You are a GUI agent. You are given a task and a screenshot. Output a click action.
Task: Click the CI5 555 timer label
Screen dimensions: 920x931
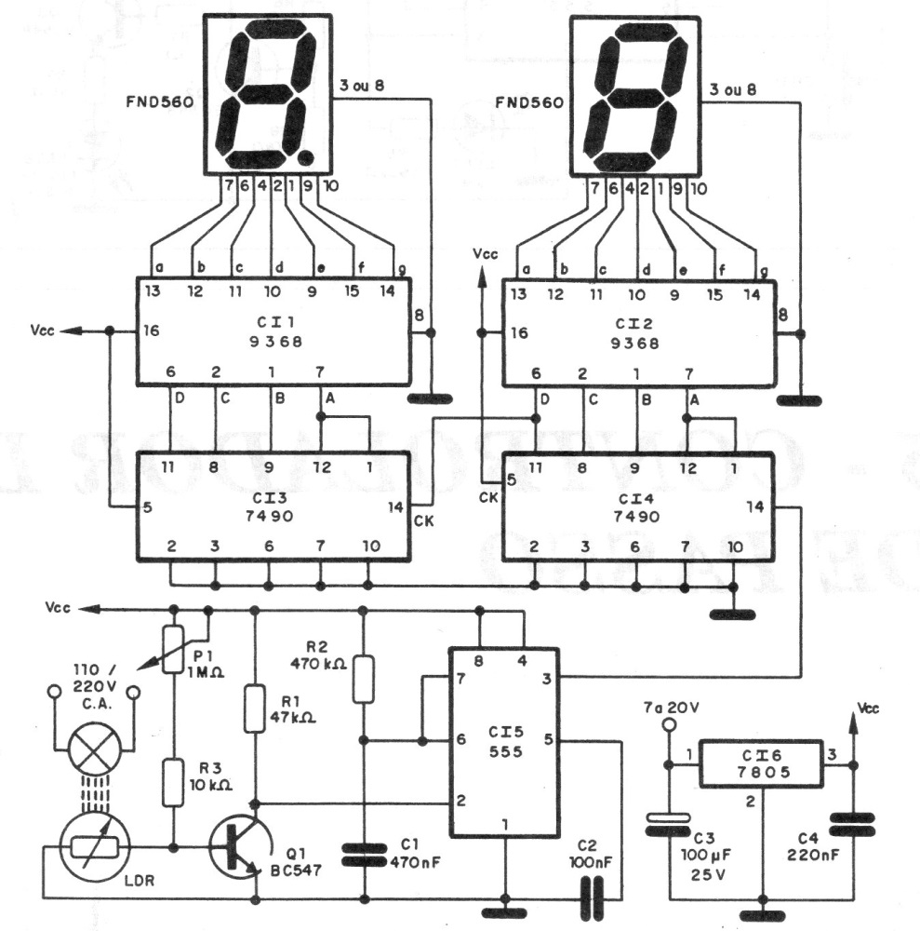(x=505, y=742)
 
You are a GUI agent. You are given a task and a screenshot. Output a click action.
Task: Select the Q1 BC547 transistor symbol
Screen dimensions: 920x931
(x=240, y=847)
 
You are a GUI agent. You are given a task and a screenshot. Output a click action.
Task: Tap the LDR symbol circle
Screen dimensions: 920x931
(x=96, y=847)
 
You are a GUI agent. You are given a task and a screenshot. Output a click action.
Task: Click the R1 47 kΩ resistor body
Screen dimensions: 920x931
(x=255, y=708)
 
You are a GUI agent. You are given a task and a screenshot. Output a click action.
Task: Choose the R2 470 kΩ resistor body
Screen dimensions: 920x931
(x=364, y=680)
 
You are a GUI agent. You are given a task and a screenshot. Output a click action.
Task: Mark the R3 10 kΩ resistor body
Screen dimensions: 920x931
(x=173, y=782)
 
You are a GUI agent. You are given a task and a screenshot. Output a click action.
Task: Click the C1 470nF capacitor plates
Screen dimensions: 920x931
(x=365, y=855)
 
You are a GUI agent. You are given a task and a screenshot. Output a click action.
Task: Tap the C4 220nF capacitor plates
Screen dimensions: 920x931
(x=852, y=825)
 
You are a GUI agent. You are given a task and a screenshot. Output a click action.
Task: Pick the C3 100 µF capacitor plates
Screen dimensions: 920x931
(x=669, y=824)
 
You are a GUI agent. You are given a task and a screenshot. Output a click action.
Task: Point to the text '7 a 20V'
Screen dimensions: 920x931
(x=672, y=708)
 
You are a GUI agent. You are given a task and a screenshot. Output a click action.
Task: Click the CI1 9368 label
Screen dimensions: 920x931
(x=276, y=332)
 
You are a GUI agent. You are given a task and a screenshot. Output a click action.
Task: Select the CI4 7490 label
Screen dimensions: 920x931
(x=636, y=507)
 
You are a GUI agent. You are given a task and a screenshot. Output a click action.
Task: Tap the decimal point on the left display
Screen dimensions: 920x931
(x=306, y=157)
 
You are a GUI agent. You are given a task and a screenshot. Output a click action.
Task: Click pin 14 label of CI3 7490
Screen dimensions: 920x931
(x=395, y=507)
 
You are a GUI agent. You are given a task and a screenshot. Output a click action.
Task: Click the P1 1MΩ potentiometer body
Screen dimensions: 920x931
(x=173, y=649)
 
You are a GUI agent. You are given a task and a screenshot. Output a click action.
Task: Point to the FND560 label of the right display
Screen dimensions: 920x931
(x=529, y=102)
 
